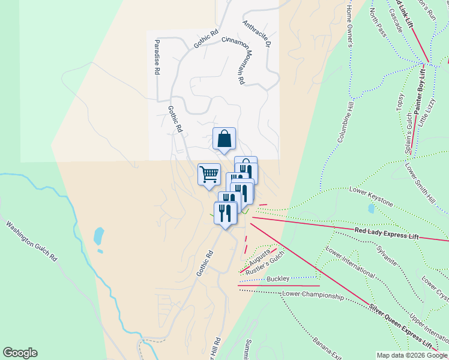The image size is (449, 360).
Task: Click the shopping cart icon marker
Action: coord(209,175)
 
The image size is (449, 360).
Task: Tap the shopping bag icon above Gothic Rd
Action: coord(224,139)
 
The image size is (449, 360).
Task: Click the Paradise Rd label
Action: coord(157,57)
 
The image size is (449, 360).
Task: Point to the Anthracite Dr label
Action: coord(258,35)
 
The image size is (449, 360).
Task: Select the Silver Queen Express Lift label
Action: coord(400,326)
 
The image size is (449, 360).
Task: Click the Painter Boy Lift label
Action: coord(419,91)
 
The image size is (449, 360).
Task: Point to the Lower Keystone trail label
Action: coord(371,197)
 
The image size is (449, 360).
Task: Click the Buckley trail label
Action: coord(278,278)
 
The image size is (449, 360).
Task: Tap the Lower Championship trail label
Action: coord(313,295)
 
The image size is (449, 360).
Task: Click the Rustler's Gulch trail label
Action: coord(264,265)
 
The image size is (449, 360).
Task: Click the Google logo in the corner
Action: coord(20,353)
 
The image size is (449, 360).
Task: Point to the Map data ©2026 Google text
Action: coord(412,355)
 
